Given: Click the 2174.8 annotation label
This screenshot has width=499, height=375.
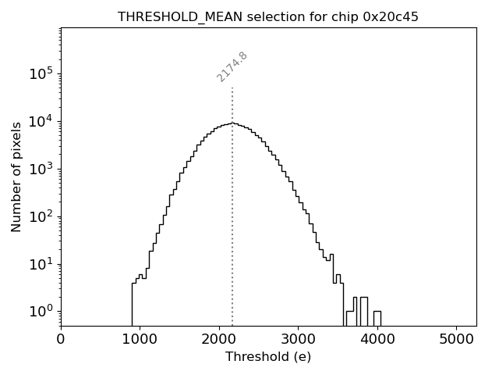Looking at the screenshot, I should (232, 66).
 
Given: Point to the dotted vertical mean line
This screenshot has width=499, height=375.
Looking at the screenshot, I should (232, 234).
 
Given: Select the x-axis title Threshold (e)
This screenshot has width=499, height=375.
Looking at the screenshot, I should (268, 357).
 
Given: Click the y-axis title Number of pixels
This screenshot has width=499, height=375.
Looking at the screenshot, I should (16, 177).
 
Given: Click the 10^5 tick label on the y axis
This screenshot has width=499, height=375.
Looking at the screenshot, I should (41, 74).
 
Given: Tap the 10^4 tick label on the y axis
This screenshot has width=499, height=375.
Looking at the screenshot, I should (41, 122).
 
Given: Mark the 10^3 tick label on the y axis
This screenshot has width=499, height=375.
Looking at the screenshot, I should (41, 170).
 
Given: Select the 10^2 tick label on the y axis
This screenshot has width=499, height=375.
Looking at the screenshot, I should (41, 217).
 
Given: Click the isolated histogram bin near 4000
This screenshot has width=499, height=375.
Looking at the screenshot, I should (377, 318).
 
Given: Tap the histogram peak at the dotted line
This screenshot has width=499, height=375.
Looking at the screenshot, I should (232, 123).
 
